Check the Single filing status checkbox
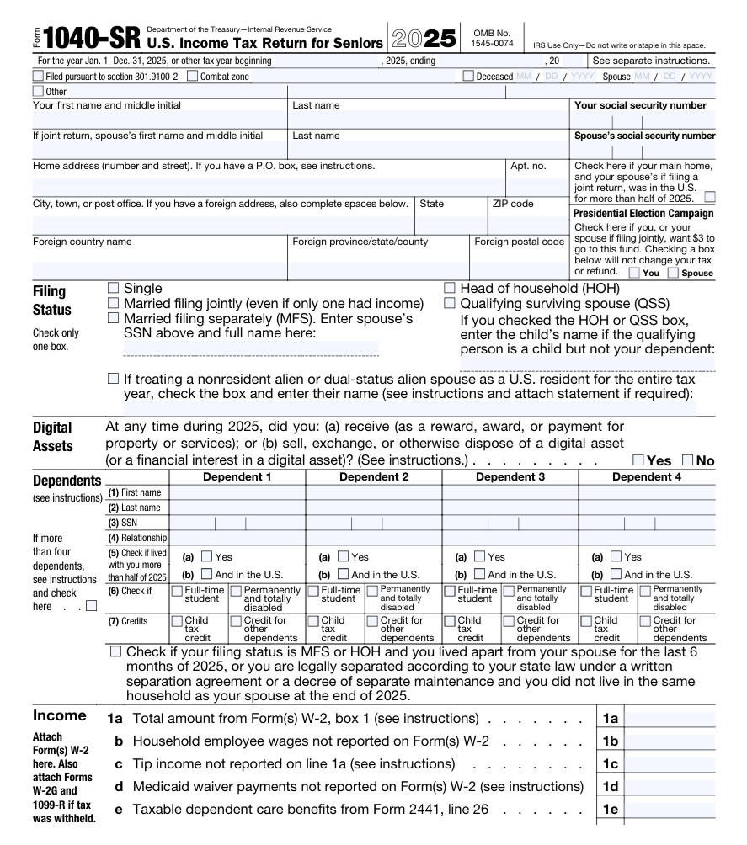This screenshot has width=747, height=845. [x=115, y=289]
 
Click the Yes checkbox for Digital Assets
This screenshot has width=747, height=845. [x=638, y=460]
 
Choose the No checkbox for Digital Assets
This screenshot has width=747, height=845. [x=684, y=460]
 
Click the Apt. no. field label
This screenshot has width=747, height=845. [x=528, y=167]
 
